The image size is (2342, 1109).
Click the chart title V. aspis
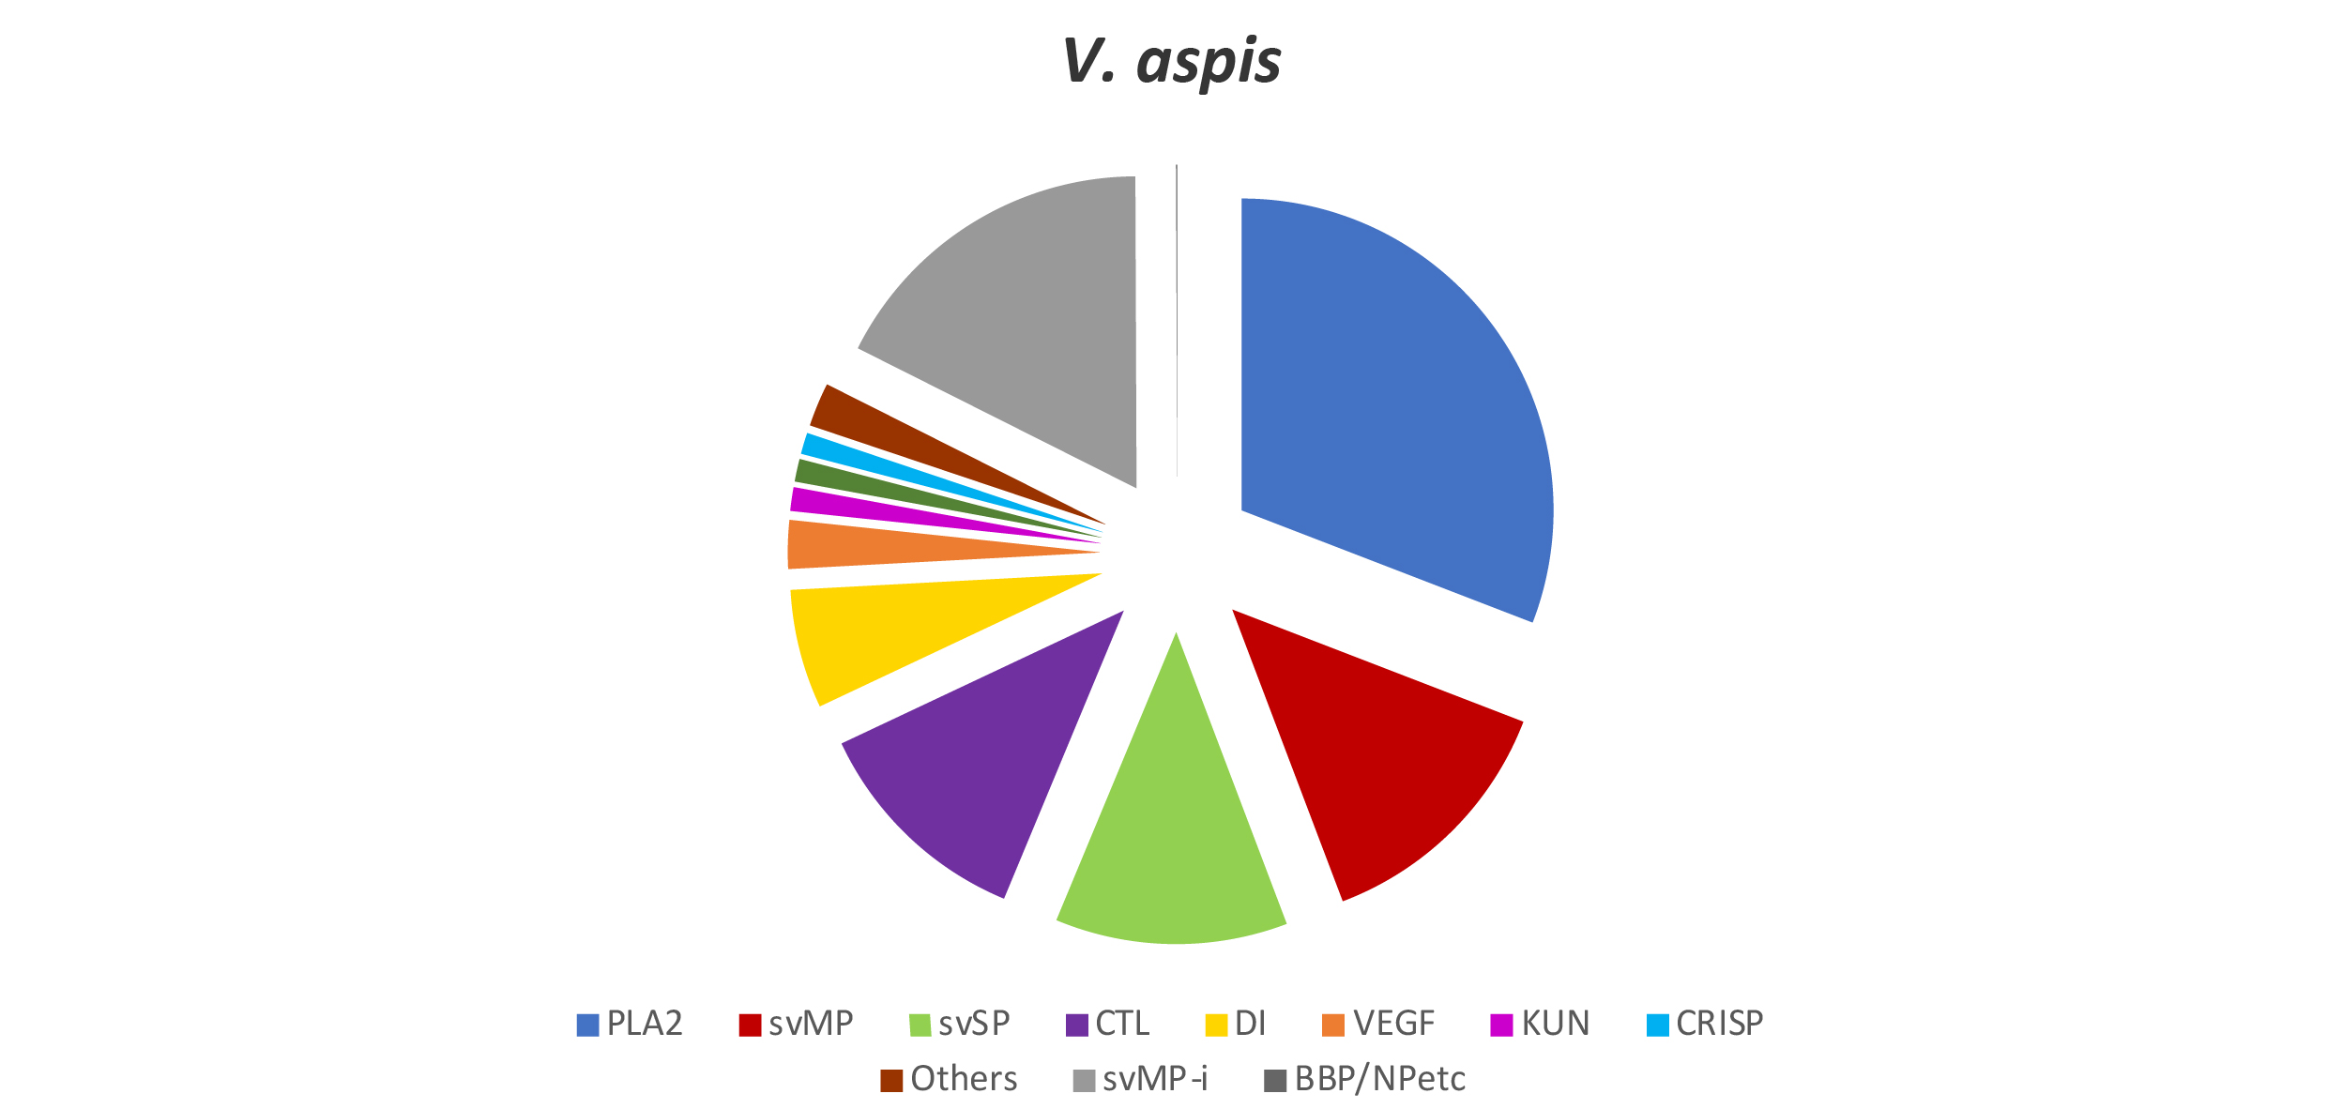coord(1171,62)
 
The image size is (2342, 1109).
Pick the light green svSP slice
coord(1173,844)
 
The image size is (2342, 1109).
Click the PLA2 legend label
coord(644,1024)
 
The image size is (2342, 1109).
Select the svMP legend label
coord(811,1024)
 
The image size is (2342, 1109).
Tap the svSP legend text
coord(974,1024)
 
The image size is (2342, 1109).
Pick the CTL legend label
coord(1122,1024)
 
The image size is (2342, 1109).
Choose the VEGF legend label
coord(1393,1024)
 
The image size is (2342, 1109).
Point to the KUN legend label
coord(1555,1024)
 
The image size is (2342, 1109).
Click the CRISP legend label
coord(1719,1024)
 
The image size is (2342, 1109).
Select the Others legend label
coord(964,1079)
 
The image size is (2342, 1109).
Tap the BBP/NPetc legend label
coord(1379,1079)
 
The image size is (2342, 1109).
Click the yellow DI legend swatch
coord(1216,1025)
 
